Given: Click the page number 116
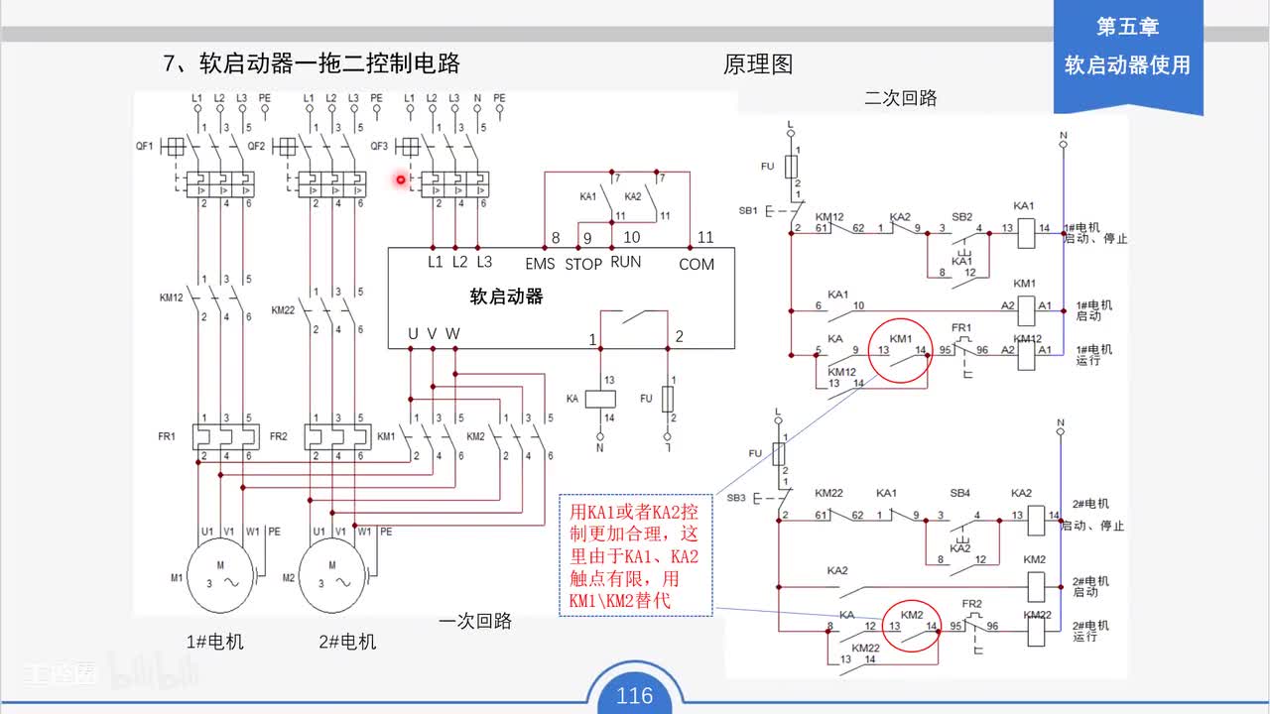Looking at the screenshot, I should point(634,695).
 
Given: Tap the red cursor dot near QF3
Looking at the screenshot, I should point(401,179).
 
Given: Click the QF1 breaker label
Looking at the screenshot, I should point(145,146).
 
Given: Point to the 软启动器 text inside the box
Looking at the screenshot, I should point(506,297).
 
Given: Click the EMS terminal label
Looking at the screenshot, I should point(540,264).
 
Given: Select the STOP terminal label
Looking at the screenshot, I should point(583,264).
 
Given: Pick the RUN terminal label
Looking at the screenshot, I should point(625,262).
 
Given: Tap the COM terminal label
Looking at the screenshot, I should point(697,264).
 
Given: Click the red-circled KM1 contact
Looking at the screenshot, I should point(901,355).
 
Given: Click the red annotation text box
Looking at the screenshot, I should point(635,555).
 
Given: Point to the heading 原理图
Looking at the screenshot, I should point(758,65).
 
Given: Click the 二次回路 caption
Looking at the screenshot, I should point(900,98).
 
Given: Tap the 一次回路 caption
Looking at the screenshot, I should point(475,621).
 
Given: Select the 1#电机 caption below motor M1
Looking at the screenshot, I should point(214,642).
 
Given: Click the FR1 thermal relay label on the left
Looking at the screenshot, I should point(166,436).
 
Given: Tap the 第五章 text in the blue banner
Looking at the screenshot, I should point(1127,28).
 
